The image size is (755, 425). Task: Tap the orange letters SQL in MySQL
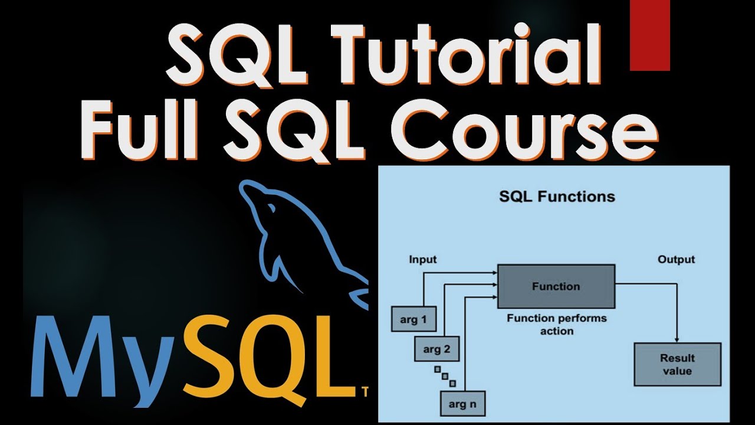pos(268,358)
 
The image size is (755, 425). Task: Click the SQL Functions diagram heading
pos(557,197)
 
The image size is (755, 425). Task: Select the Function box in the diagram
pos(556,286)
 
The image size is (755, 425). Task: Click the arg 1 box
pos(413,320)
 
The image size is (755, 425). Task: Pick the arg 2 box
pos(436,349)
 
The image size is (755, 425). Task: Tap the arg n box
pos(462,404)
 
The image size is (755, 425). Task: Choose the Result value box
pos(677,364)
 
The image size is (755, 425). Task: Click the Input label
pos(422,260)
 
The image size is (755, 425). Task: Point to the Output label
pos(676,260)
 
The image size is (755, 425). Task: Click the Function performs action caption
pos(556,325)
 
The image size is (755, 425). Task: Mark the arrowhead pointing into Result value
pos(677,339)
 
